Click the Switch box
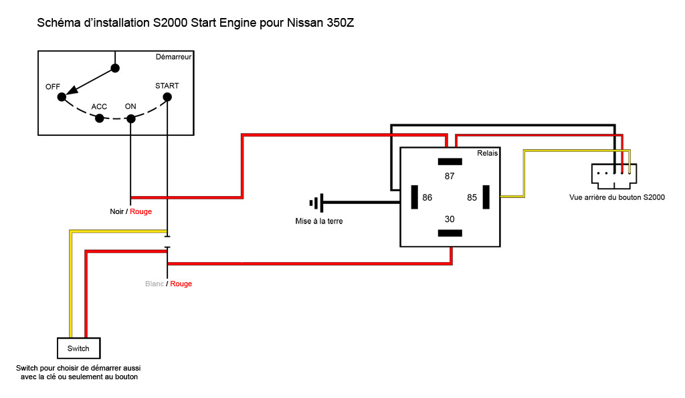[x=78, y=349]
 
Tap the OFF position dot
[x=62, y=97]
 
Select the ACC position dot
[x=100, y=118]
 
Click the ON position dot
[x=131, y=118]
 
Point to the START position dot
[x=167, y=97]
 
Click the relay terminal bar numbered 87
[x=450, y=161]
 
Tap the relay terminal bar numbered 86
[x=414, y=197]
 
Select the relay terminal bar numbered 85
[x=486, y=197]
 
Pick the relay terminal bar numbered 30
[x=450, y=233]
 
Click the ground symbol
[x=316, y=202]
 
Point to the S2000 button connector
[x=613, y=175]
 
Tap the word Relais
[x=487, y=153]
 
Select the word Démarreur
[x=173, y=58]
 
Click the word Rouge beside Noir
[x=140, y=211]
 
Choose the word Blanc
[x=155, y=284]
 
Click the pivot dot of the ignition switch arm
[x=115, y=68]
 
